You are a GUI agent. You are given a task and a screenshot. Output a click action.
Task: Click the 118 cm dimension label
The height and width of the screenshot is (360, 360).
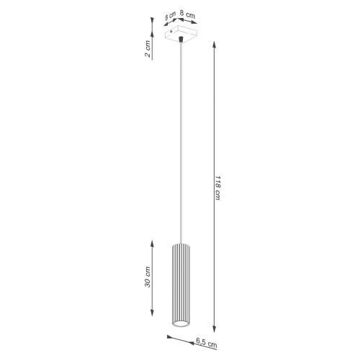coord(217,189)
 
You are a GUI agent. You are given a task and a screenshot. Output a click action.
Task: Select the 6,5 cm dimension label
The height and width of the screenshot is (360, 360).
coord(204,344)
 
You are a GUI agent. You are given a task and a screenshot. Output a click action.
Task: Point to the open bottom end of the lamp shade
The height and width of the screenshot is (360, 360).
coord(179,327)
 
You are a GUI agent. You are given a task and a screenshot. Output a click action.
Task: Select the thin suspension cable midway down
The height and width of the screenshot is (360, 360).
coord(179,144)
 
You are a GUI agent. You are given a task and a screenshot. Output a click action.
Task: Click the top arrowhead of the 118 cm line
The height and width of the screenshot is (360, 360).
coord(216,43)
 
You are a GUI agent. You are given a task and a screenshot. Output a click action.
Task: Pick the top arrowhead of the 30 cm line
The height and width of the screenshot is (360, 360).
coord(151,242)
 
